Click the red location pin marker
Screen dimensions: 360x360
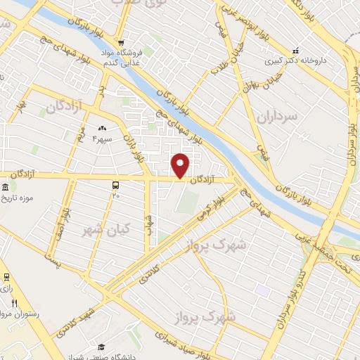[x=181, y=165]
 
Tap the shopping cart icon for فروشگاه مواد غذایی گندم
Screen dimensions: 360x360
[x=121, y=41]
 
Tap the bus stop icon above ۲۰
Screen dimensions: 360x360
[x=115, y=184]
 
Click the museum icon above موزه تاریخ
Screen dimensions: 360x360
[x=6, y=188]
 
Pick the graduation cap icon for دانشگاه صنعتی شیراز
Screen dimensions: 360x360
[x=101, y=346]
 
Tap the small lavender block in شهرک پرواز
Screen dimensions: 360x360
[x=262, y=290]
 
